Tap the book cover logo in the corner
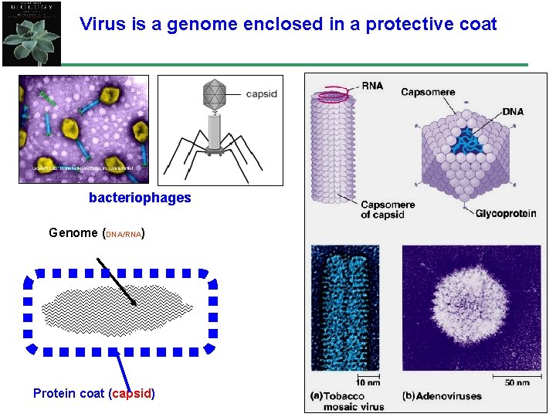point(30,32)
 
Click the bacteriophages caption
point(140,198)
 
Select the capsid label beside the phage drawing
point(261,94)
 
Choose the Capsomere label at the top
point(428,92)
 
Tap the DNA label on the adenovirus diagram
point(513,112)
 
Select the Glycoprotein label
point(506,214)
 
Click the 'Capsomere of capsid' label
point(388,209)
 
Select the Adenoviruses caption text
point(449,396)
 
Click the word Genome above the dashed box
point(73,232)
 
